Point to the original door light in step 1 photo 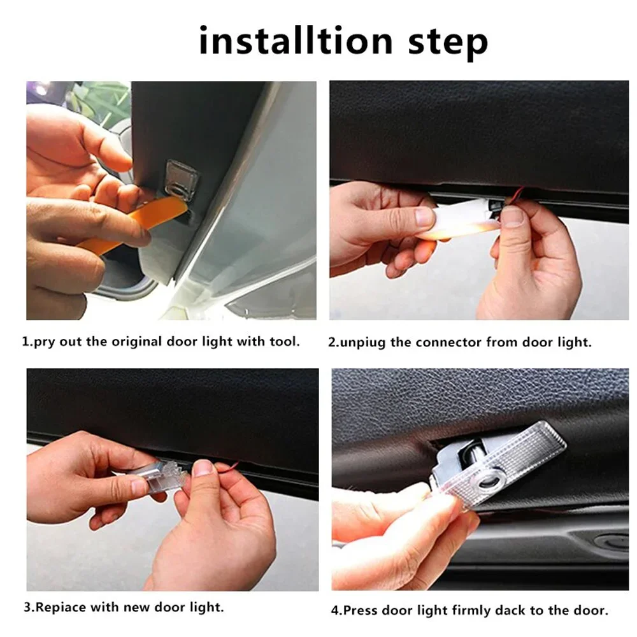tap(178, 181)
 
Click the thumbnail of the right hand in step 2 tap(512, 217)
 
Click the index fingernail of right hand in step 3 tap(203, 470)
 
